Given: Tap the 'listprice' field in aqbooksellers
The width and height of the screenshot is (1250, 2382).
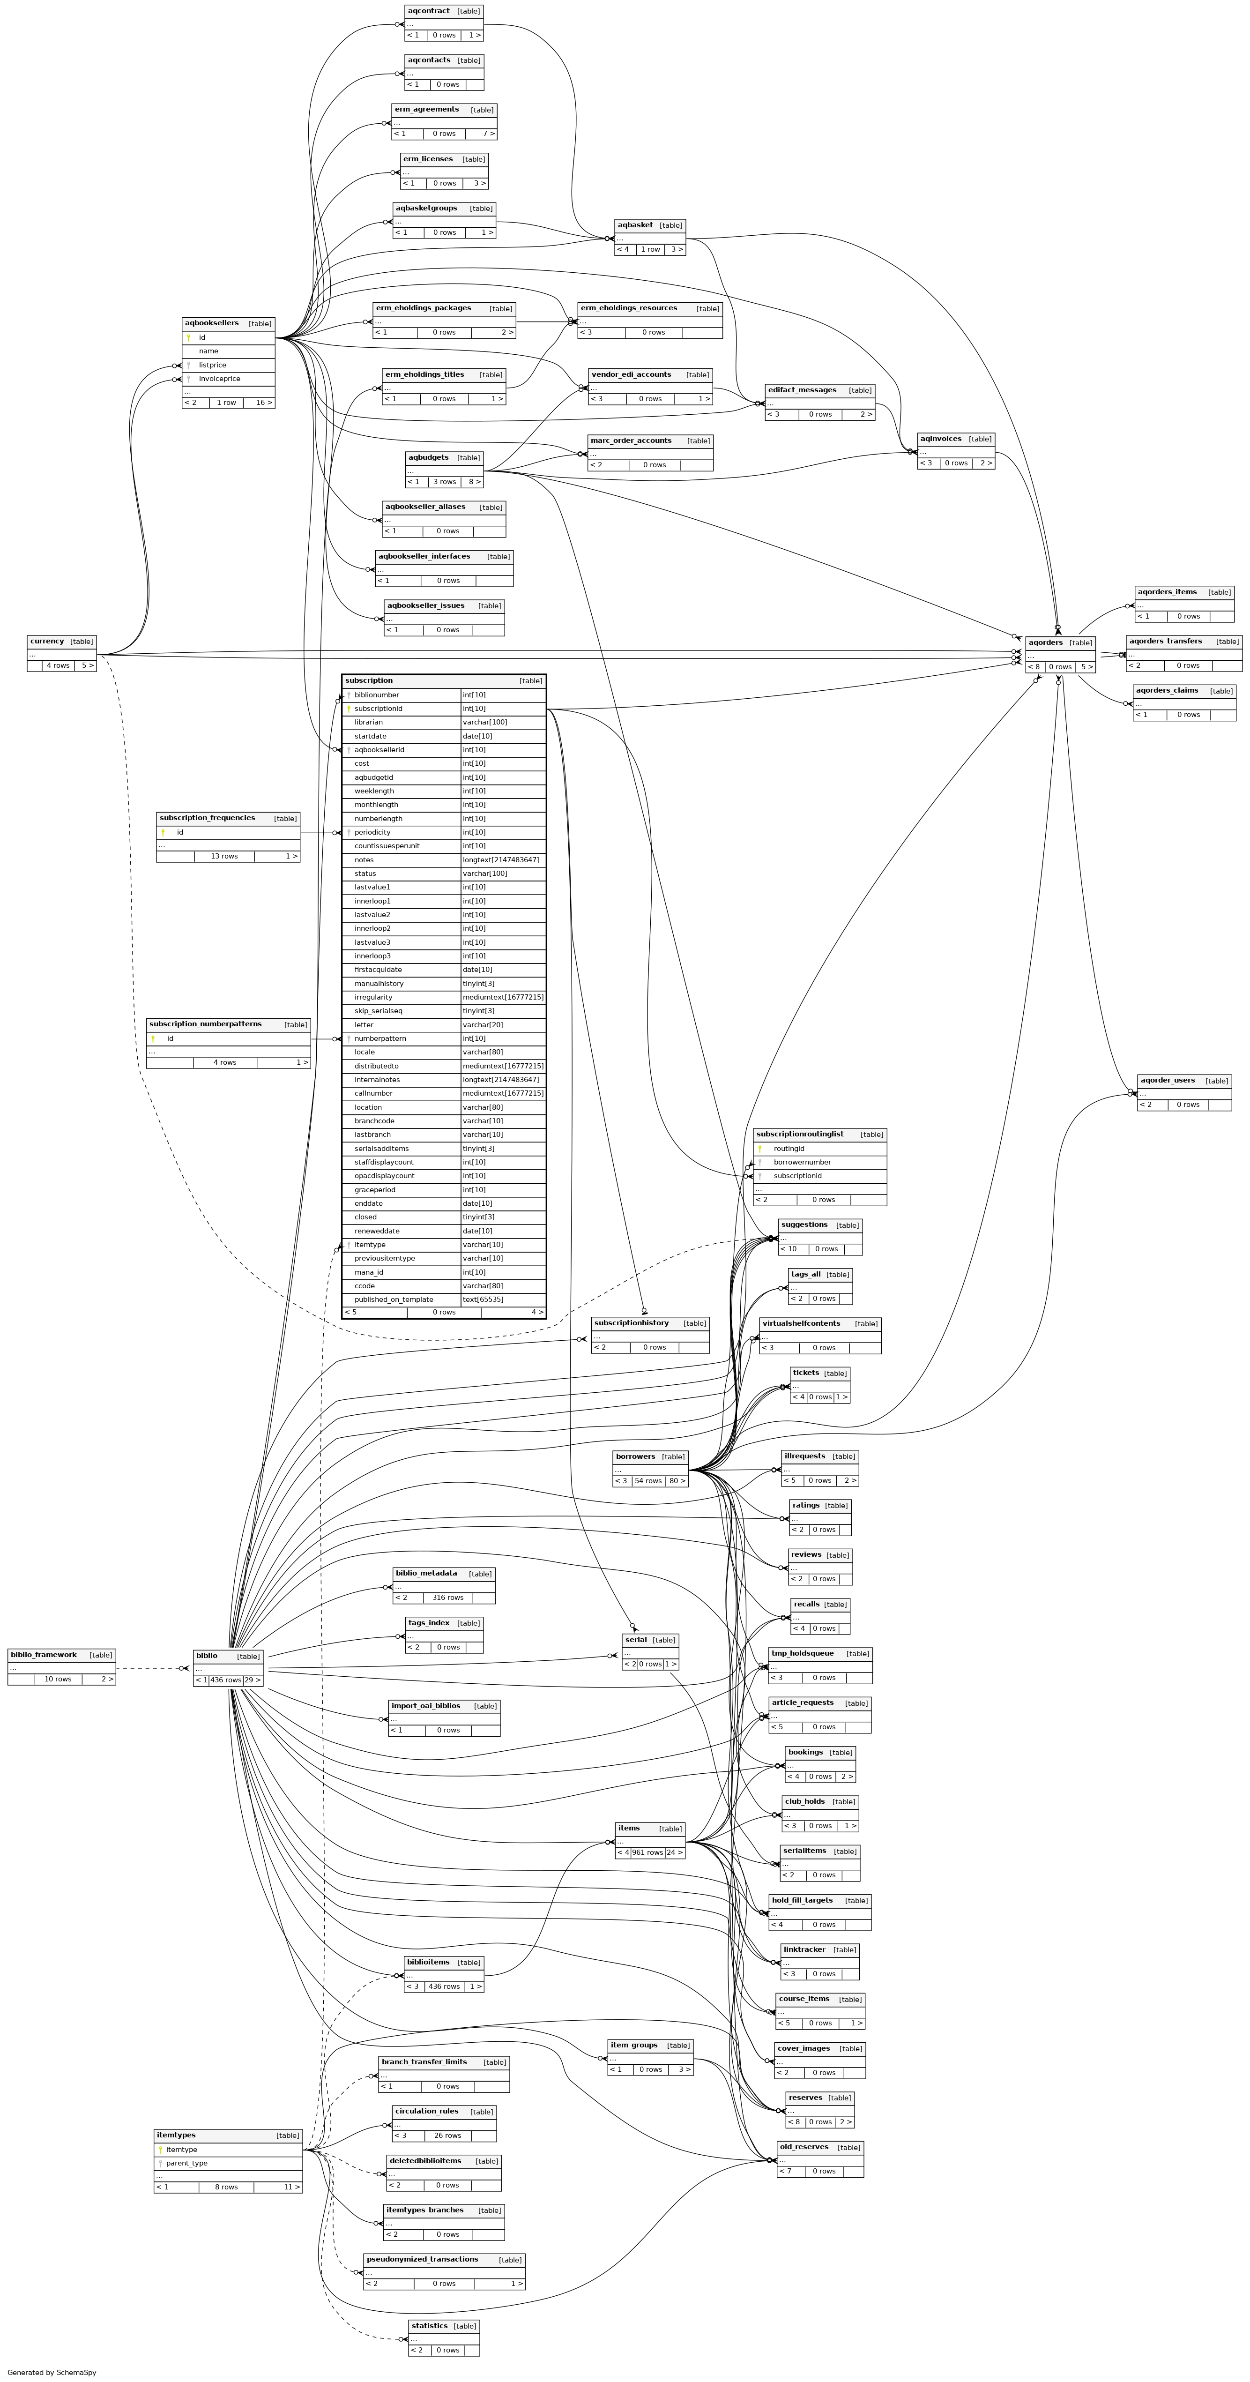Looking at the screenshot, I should click(x=213, y=365).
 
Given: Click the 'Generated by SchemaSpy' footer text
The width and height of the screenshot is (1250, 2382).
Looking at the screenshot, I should click(x=52, y=2372).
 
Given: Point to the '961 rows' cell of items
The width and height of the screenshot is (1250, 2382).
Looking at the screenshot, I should click(x=648, y=1852).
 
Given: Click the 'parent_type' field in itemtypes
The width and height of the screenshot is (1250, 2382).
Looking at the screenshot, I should click(x=187, y=2163).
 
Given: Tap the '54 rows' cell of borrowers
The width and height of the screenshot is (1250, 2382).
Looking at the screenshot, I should click(x=648, y=1480).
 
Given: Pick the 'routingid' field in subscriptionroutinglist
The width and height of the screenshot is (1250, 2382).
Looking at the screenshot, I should click(x=789, y=1149).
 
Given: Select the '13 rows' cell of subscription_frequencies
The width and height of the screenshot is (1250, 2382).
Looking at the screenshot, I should click(x=224, y=856).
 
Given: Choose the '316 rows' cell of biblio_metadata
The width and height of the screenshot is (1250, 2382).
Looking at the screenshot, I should click(x=447, y=1597).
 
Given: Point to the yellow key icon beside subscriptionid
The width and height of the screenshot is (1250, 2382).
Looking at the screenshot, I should click(x=349, y=708).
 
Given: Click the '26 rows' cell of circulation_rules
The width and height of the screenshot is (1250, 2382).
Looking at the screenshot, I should click(x=447, y=2135).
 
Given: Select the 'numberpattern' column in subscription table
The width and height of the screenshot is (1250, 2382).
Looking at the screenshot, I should click(x=380, y=1038).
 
